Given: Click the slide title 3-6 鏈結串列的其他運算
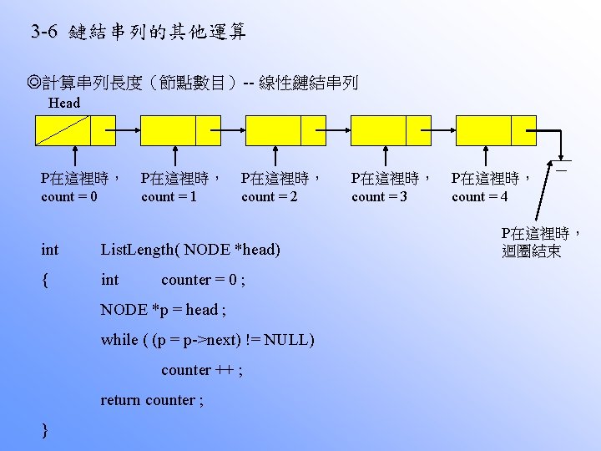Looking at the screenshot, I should (x=138, y=33).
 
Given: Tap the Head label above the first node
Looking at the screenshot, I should (x=64, y=104).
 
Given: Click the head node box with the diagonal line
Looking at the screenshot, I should (x=62, y=130).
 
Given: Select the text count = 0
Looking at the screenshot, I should (x=69, y=197).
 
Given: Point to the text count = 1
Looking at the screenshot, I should (x=169, y=197).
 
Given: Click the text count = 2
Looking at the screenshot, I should (x=270, y=197).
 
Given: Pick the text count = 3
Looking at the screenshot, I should (x=380, y=197).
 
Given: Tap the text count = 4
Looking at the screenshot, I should (x=480, y=197).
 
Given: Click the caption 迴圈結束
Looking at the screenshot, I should (x=532, y=251).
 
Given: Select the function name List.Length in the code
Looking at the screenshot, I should (x=139, y=250).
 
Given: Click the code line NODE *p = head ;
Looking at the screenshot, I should (x=163, y=310).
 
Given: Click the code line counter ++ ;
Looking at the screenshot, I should (x=202, y=370).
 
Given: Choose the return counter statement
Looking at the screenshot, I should (x=151, y=400).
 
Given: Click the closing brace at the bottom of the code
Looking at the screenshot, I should (x=44, y=429).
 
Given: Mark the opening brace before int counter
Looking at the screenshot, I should (x=44, y=280).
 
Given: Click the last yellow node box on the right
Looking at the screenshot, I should (x=496, y=130).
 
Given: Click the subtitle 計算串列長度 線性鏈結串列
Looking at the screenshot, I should (x=192, y=83).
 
